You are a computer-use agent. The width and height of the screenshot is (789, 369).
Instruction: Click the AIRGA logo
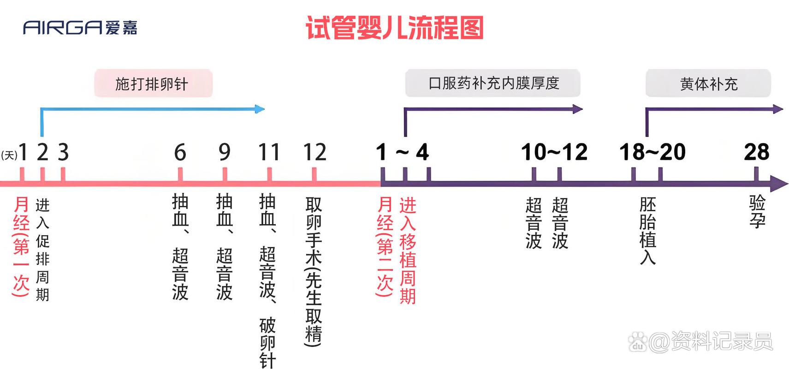[x=80, y=28]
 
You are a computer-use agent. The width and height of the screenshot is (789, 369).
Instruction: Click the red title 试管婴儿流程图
[x=395, y=28]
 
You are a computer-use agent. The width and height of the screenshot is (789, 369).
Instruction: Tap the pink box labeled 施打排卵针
[x=153, y=83]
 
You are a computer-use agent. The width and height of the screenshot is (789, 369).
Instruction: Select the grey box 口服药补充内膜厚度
[x=493, y=83]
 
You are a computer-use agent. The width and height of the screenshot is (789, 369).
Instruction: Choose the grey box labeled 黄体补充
[x=708, y=83]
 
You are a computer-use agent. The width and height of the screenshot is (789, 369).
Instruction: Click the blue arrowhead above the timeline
[x=260, y=109]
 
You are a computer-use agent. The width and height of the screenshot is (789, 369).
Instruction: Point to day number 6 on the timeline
[x=180, y=152]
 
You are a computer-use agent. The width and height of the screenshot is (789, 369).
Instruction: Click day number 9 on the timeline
[x=225, y=152]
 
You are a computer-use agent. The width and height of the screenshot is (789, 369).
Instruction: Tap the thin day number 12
[x=314, y=152]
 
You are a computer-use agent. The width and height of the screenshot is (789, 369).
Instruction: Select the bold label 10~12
[x=554, y=152]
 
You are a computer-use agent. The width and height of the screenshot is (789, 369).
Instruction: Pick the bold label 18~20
[x=653, y=152]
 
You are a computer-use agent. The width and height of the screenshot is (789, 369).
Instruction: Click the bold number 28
[x=757, y=152]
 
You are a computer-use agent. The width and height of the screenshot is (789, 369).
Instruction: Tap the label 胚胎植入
[x=647, y=231]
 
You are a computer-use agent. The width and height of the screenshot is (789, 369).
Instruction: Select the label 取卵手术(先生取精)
[x=314, y=271]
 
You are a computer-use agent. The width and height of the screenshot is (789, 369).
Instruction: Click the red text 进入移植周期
[x=408, y=250]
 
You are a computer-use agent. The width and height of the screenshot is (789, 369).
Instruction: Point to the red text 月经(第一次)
[x=21, y=246]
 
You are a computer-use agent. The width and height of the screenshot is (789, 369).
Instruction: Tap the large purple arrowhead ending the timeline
[x=778, y=184]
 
